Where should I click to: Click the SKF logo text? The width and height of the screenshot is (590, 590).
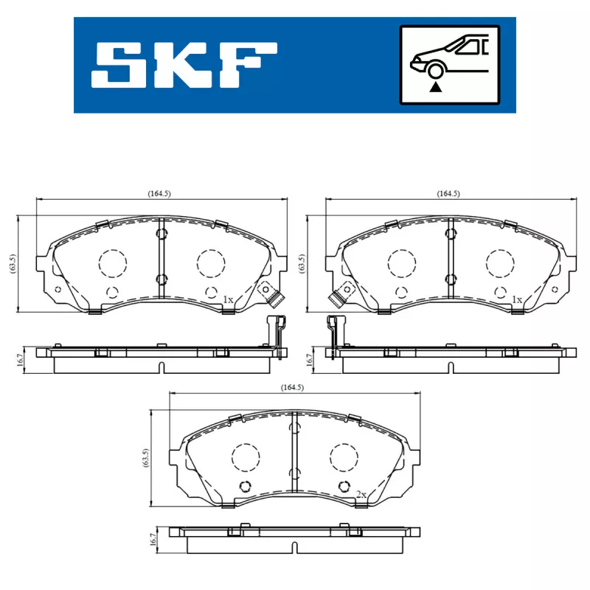click(x=184, y=65)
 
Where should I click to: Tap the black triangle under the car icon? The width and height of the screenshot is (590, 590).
click(x=436, y=87)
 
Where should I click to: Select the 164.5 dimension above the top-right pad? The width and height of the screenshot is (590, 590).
click(x=448, y=193)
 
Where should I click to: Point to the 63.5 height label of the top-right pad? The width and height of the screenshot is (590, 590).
click(x=302, y=264)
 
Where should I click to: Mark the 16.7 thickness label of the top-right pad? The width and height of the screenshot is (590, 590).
click(x=310, y=360)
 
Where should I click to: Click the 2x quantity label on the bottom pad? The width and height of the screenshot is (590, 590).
click(x=361, y=493)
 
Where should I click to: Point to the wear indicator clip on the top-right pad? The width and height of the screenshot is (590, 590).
click(x=338, y=297)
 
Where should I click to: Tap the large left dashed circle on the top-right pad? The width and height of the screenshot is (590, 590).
click(x=403, y=262)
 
